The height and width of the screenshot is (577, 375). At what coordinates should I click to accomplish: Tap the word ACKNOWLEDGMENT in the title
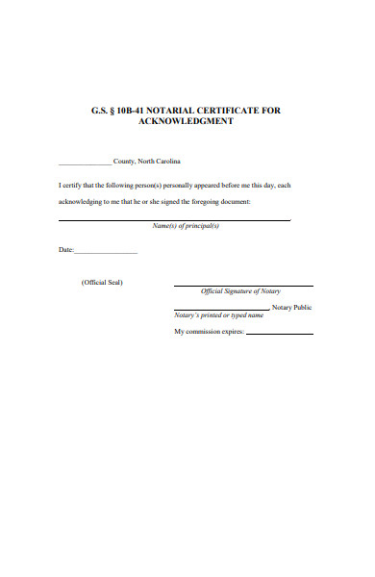pos(187,122)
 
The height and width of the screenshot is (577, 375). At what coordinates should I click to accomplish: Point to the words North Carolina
pos(159,161)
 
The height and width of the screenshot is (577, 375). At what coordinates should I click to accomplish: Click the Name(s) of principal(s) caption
pos(187,226)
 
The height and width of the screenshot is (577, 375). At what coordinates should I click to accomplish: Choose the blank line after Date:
pos(106,252)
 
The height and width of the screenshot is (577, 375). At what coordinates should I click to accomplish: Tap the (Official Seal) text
pos(102,282)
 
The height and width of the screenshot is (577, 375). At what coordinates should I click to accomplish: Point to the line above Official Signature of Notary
pos(242,286)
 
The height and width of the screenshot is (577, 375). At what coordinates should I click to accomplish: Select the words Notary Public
pos(291,307)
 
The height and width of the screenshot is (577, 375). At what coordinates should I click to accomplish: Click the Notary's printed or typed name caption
pos(218,315)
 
